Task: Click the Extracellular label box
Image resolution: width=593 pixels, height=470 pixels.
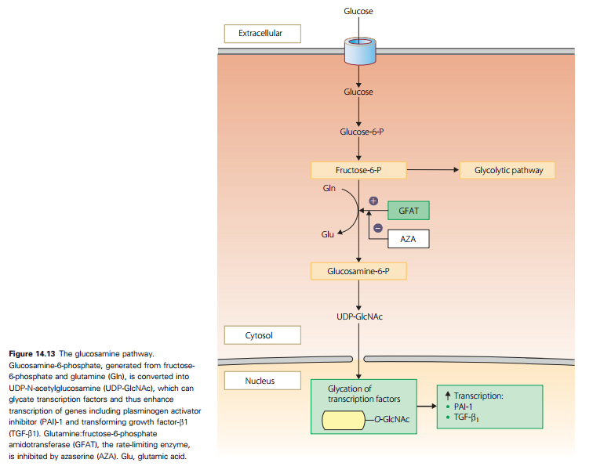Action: pyautogui.click(x=263, y=34)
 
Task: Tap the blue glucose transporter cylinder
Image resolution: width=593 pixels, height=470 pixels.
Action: pyautogui.click(x=360, y=51)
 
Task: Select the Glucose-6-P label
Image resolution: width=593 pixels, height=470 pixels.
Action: pyautogui.click(x=362, y=132)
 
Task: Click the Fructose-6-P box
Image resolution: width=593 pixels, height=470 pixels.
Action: pyautogui.click(x=358, y=171)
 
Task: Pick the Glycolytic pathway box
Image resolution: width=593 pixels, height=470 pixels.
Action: pyautogui.click(x=508, y=171)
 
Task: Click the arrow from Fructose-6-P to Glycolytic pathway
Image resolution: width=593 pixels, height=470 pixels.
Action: pyautogui.click(x=433, y=170)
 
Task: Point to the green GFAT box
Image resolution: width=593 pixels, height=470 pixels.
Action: pyautogui.click(x=409, y=211)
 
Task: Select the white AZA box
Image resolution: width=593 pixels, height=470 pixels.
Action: pyautogui.click(x=409, y=239)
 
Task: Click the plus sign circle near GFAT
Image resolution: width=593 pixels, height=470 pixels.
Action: pyautogui.click(x=373, y=201)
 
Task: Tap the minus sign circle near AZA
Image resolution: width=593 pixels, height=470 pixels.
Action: pyautogui.click(x=378, y=228)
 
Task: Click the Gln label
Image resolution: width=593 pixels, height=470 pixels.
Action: pyautogui.click(x=329, y=188)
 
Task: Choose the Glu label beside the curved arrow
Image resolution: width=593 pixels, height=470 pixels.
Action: pyautogui.click(x=328, y=234)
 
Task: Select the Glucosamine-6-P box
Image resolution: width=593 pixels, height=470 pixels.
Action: pyautogui.click(x=358, y=271)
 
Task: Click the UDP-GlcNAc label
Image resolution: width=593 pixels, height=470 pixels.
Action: pyautogui.click(x=359, y=316)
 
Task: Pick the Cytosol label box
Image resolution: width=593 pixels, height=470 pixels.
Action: pyautogui.click(x=263, y=335)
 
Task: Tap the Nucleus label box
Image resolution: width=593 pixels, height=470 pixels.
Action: pyautogui.click(x=263, y=381)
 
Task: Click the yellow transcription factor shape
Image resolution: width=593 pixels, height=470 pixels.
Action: pyautogui.click(x=344, y=420)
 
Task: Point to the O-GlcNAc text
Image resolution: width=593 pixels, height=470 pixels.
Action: pyautogui.click(x=392, y=419)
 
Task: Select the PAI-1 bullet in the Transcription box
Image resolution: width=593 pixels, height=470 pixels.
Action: pyautogui.click(x=459, y=407)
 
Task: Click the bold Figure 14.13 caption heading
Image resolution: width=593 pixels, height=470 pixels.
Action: pyautogui.click(x=32, y=354)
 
